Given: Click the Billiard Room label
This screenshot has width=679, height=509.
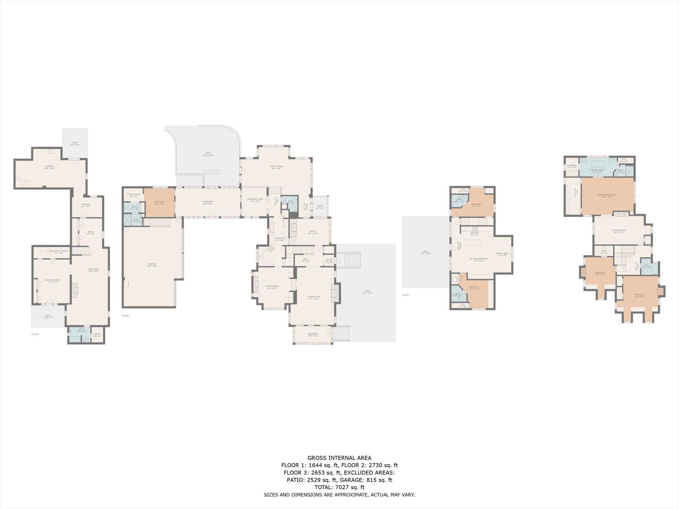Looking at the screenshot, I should (53, 280).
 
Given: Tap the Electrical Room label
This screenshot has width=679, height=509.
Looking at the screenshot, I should (59, 251).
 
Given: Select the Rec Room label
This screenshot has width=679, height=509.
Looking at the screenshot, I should (93, 269).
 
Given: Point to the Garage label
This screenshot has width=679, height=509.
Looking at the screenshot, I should (152, 264).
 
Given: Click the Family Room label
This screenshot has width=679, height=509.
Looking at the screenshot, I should (276, 166).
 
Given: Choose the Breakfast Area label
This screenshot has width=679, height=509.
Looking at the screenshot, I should (255, 199).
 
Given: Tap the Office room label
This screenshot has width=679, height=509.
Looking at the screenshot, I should (313, 231).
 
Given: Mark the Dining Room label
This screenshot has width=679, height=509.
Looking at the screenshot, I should (272, 286).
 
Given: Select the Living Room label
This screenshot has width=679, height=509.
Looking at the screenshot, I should (314, 297).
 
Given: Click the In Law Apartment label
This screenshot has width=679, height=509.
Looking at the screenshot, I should (479, 259).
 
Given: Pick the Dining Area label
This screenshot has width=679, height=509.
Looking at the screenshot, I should (502, 253).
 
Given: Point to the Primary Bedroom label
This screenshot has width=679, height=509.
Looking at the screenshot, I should (607, 195).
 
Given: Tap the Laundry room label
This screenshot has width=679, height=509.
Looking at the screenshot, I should (571, 165).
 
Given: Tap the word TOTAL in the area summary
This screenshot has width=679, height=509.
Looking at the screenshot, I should (323, 487).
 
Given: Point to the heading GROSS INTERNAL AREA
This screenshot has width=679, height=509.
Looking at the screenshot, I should (339, 458).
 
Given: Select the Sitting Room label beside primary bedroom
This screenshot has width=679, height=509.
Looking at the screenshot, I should (619, 230).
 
